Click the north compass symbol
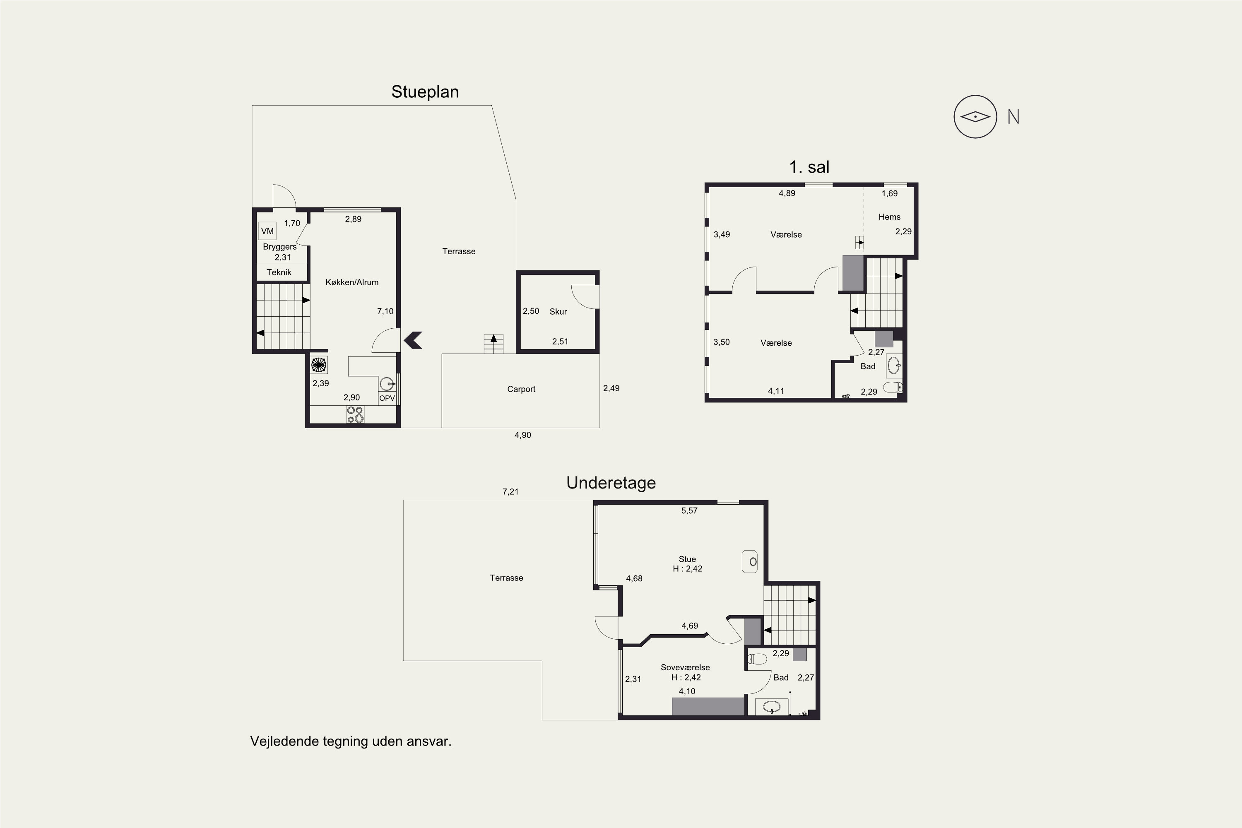click(x=975, y=117)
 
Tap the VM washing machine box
click(x=267, y=231)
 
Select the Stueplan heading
click(x=425, y=92)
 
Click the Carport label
click(x=521, y=389)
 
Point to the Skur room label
click(x=558, y=312)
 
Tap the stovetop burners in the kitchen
click(x=355, y=414)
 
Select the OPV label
click(x=387, y=398)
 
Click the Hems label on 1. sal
click(x=889, y=217)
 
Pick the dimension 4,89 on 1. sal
click(x=787, y=193)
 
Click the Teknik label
click(x=279, y=272)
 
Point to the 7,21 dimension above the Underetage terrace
click(x=510, y=492)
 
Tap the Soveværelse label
click(x=686, y=667)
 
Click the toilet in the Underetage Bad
click(x=758, y=659)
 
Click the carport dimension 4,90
click(x=523, y=435)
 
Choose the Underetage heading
click(x=611, y=483)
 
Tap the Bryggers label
click(x=280, y=247)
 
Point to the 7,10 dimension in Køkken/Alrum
click(x=385, y=312)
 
